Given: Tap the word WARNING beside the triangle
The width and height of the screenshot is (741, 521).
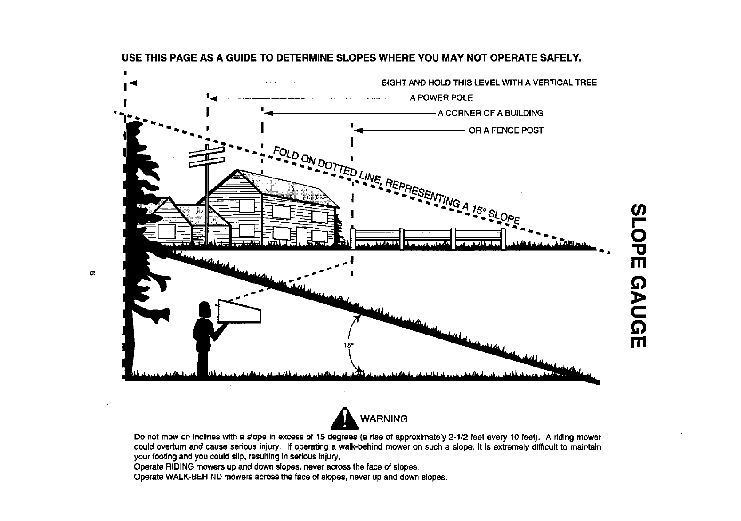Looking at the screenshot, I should pos(384,419).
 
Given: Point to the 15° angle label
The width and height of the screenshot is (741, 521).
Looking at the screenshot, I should pos(348,345).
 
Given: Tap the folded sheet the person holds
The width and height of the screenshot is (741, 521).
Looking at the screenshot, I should pos(239,312).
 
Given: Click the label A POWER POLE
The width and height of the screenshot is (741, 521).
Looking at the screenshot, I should pos(441,98).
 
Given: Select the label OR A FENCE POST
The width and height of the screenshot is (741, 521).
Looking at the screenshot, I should pos(506,130).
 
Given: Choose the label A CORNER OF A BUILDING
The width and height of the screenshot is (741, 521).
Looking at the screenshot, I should pos(490,113).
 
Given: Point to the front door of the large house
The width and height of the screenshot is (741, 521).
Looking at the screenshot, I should pos(302,235).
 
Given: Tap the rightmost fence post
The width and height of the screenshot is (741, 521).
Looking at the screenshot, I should pos(503,239).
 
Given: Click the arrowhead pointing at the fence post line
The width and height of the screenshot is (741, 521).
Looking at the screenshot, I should pos(357,130).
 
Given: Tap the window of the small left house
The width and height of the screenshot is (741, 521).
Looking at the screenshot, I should pos(166,232).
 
